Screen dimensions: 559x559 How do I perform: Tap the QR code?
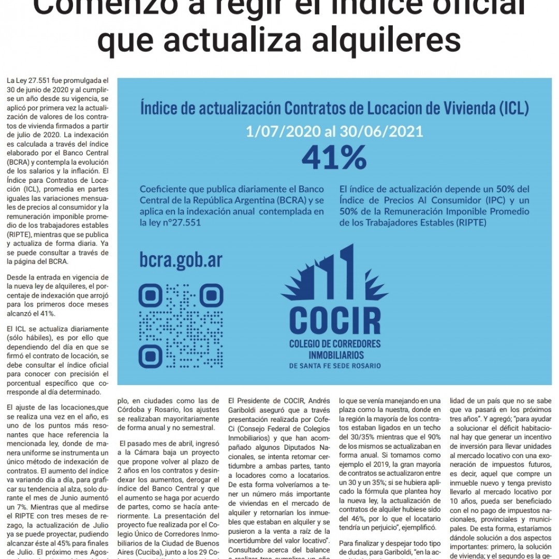pyautogui.click(x=181, y=326)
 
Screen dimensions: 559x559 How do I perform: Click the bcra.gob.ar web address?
pyautogui.click(x=181, y=260)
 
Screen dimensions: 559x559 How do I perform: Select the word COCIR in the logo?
pyautogui.click(x=335, y=320)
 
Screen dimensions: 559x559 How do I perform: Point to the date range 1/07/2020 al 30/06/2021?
pyautogui.click(x=334, y=130)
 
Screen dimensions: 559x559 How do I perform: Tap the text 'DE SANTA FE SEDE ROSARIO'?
pyautogui.click(x=335, y=366)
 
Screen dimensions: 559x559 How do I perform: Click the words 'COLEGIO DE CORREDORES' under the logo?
pyautogui.click(x=335, y=344)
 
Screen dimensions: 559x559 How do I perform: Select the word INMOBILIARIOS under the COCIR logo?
pyautogui.click(x=335, y=355)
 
